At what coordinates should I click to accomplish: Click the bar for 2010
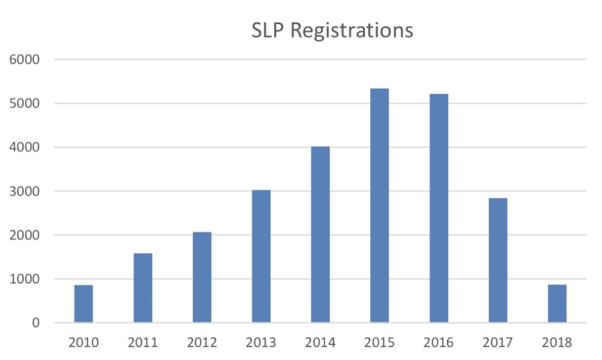[x=84, y=304]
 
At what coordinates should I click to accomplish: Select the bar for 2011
[x=143, y=288]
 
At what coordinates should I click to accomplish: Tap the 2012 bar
[x=202, y=277]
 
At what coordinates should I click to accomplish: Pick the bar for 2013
[x=261, y=256]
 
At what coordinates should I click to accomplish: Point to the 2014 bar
[x=320, y=234]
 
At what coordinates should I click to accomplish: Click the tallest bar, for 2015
[x=380, y=205]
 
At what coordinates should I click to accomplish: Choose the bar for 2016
[x=439, y=208]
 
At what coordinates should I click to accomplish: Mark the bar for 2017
[x=498, y=260]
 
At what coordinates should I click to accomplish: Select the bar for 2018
[x=557, y=304]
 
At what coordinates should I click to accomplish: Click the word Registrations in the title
[x=351, y=30]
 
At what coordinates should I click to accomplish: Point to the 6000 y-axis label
[x=24, y=60]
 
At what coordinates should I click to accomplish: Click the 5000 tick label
[x=24, y=104]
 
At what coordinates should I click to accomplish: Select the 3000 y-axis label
[x=24, y=191]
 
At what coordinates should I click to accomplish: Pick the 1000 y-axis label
[x=24, y=279]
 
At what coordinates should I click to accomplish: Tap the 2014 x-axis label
[x=320, y=342]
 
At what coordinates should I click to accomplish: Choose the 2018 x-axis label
[x=557, y=342]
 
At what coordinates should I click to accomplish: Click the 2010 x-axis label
[x=84, y=342]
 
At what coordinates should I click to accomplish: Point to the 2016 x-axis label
[x=439, y=342]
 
